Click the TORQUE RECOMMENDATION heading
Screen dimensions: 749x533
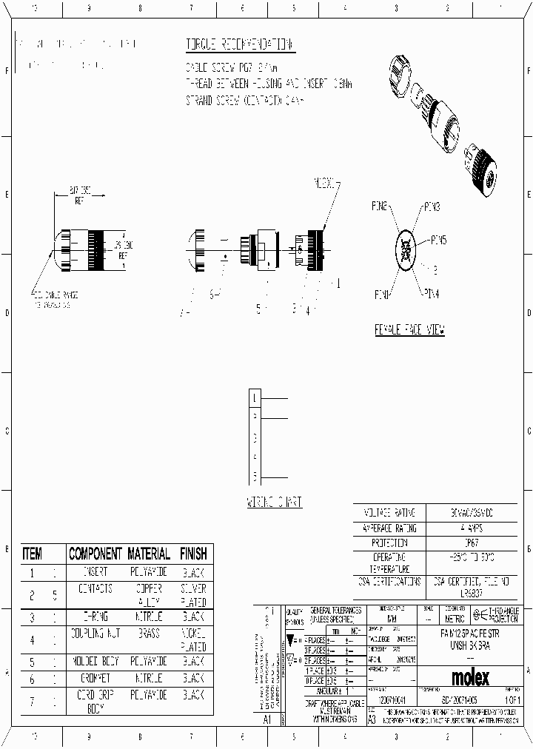(239, 44)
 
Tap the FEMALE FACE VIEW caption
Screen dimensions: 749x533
(409, 331)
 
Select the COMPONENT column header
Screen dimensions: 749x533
(95, 554)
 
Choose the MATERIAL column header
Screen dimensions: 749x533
(148, 554)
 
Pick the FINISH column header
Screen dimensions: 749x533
(192, 554)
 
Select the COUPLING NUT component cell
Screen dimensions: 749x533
(95, 634)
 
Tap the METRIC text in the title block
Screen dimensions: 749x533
(454, 618)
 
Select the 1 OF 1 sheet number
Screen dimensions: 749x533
(511, 699)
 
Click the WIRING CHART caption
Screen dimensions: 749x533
(274, 502)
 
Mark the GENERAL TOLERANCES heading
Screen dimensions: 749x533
(336, 614)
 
